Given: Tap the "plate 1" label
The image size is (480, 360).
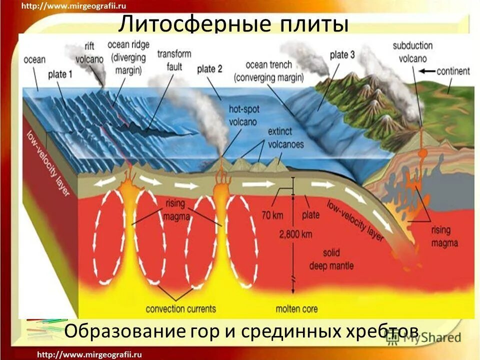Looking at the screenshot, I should click(60, 74).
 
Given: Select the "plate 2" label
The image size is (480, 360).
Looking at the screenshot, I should click(209, 69).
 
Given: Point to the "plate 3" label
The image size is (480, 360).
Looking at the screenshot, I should click(342, 54).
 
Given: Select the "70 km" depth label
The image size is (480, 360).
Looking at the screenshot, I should click(272, 216).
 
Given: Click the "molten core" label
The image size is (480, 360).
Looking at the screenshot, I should click(296, 308).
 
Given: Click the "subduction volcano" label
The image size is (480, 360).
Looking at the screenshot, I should click(412, 51).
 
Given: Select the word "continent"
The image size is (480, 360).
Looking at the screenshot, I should click(453, 71).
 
